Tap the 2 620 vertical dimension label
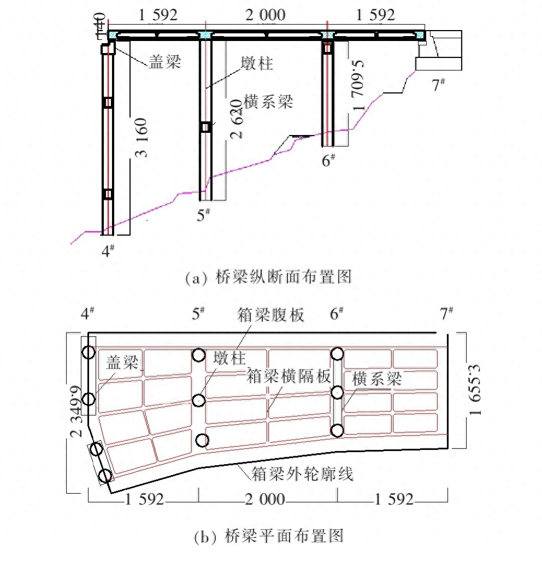coord(236,119)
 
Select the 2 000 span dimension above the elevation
coord(266,15)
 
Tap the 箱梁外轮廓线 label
coord(302,473)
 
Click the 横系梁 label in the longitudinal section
coord(268,102)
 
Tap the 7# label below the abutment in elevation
coord(438,85)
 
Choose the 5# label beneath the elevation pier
coord(204,214)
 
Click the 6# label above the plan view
coord(337,314)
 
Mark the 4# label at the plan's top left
coord(88,314)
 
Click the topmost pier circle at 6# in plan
coord(337,354)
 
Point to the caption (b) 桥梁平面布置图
coord(269,536)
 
